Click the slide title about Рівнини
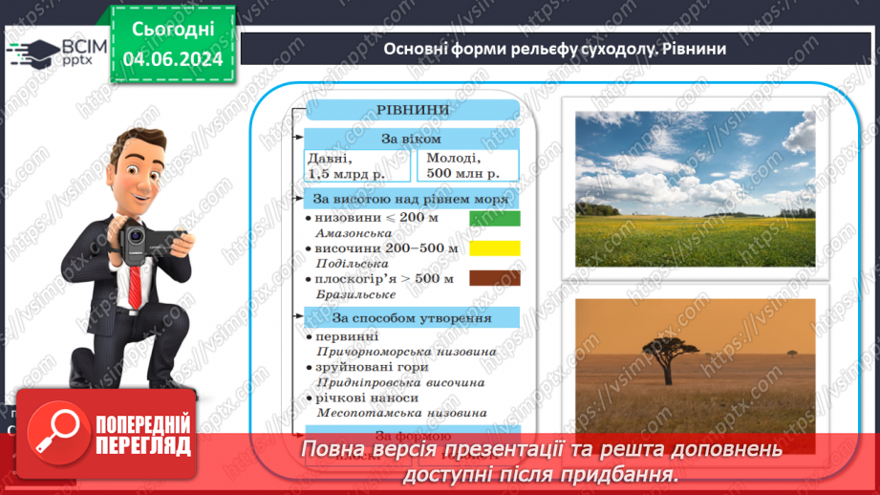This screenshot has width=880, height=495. pos(554,48)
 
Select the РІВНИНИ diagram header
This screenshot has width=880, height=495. pos(412,109)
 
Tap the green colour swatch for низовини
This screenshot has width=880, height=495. pos(494,219)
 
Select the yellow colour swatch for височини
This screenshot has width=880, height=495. pos(494,248)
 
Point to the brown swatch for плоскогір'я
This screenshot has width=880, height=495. pos(494,278)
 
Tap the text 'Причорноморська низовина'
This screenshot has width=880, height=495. pos(405,352)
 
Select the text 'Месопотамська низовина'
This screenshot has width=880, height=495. pos(400,413)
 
